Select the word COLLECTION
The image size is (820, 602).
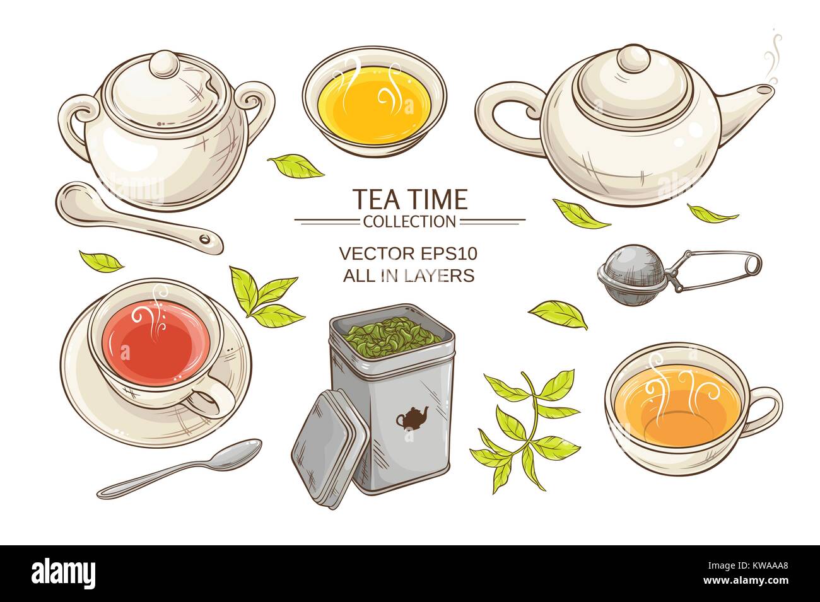(x=409, y=221)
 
